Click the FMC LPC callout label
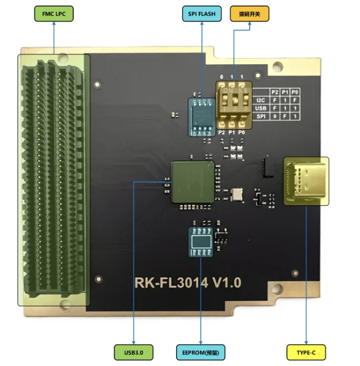(x=53, y=14)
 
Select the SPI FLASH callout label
(x=200, y=14)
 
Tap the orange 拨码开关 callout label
(x=249, y=14)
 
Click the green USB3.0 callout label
(x=133, y=352)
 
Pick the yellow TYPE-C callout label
(x=306, y=352)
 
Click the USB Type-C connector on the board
(x=306, y=180)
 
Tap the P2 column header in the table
(x=275, y=91)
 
